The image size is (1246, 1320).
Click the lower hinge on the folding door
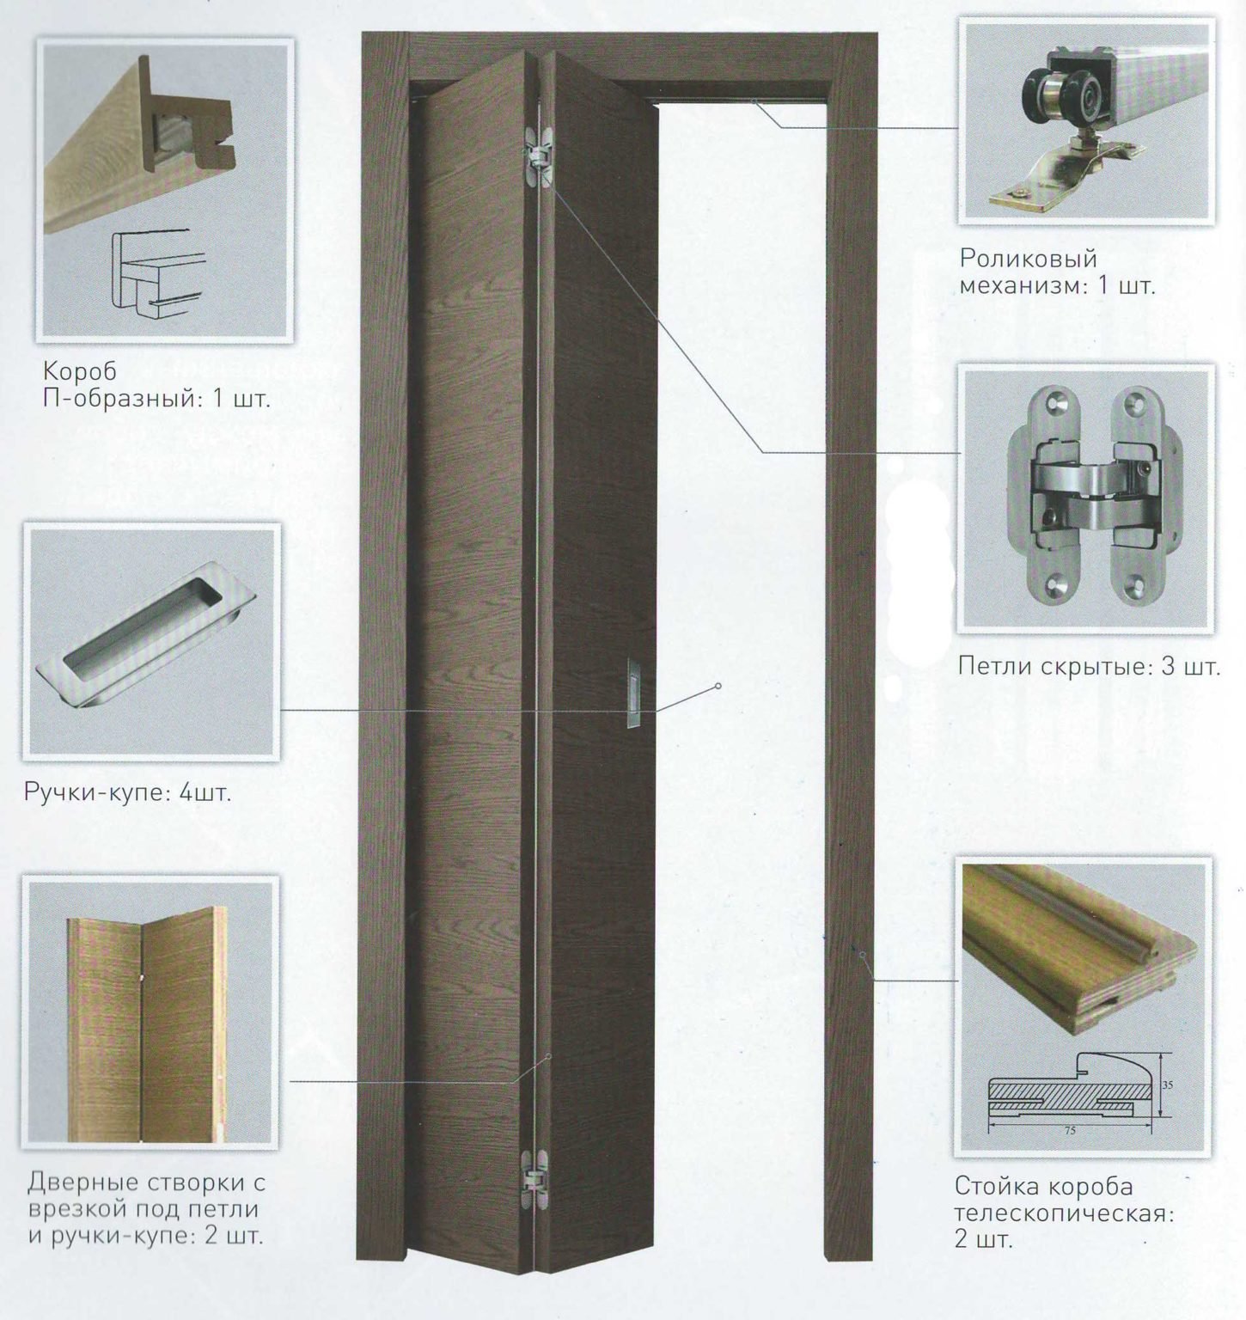(x=539, y=1173)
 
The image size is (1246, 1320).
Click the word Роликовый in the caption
(x=1029, y=259)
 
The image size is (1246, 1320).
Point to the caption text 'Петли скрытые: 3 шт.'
(x=1089, y=666)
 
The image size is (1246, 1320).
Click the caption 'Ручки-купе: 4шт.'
(x=128, y=791)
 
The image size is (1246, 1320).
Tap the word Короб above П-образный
(x=80, y=373)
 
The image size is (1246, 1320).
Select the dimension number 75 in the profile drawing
(x=1070, y=1130)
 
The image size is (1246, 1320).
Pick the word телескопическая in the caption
(x=1064, y=1213)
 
